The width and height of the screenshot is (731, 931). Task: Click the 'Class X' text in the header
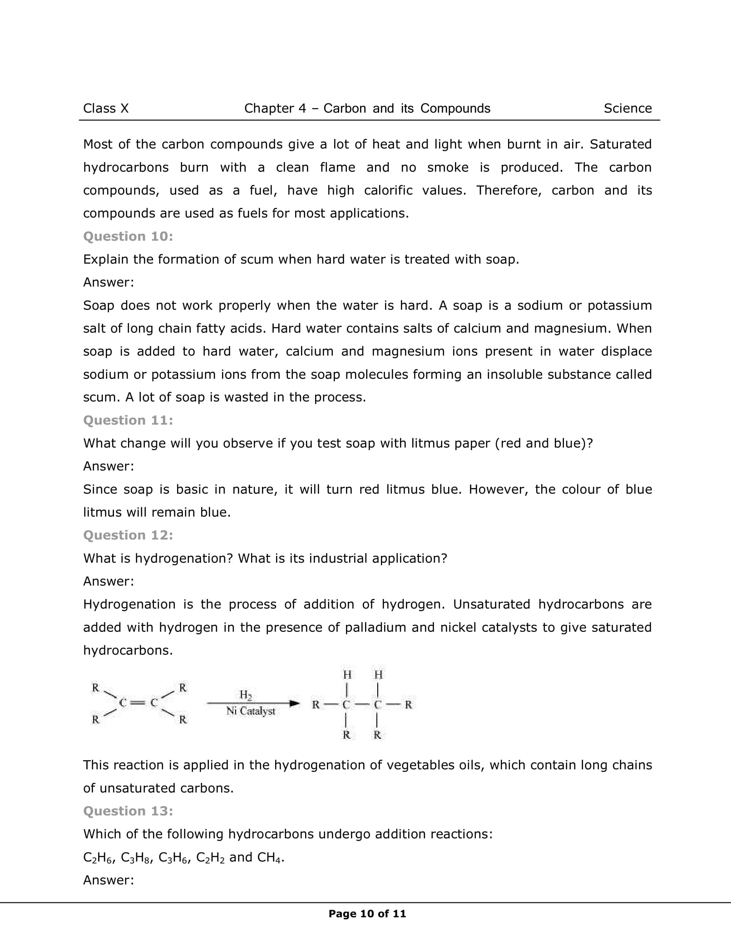coord(106,109)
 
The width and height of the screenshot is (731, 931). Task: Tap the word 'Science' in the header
coord(627,109)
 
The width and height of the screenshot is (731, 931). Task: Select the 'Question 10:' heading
coord(128,236)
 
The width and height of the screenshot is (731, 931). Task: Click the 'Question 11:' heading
coord(128,420)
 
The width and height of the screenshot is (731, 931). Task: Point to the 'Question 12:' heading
coord(128,535)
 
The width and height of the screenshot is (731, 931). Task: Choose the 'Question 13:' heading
coord(128,811)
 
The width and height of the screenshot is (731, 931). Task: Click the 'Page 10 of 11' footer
coord(367,913)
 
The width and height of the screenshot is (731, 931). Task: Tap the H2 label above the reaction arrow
coord(246,695)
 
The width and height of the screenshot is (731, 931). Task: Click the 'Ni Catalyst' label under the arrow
coord(251,711)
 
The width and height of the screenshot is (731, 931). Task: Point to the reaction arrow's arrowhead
coord(295,703)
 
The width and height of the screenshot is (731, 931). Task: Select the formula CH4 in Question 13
coord(270,857)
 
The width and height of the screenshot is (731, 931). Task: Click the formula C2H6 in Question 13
coord(98,857)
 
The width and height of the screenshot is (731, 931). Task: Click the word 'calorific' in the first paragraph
coord(388,190)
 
